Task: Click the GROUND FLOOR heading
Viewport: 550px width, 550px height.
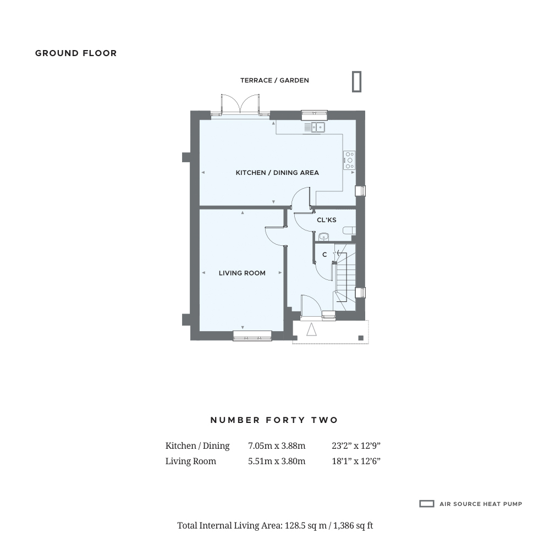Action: [x=76, y=53]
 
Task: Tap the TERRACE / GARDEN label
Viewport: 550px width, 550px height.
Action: [x=274, y=80]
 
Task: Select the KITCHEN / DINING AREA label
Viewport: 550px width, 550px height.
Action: [x=277, y=173]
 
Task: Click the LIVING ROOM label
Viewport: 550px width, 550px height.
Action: [x=242, y=273]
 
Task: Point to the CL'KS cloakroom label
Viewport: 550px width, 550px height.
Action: [x=327, y=220]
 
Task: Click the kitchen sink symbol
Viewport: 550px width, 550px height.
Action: [x=315, y=127]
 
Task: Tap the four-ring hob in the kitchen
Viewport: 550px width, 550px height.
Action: [x=349, y=160]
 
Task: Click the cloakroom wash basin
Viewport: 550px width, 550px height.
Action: [x=323, y=237]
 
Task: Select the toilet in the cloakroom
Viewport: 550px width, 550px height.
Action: [x=349, y=230]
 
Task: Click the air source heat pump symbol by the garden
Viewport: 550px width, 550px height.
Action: [x=357, y=82]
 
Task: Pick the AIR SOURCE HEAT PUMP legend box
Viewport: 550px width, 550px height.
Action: [x=427, y=504]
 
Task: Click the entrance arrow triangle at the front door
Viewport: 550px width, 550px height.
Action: [x=311, y=329]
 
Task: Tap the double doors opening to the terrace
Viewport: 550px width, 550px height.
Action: [x=240, y=104]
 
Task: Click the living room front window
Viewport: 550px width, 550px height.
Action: [x=252, y=335]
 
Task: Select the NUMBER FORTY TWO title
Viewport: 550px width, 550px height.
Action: [x=274, y=420]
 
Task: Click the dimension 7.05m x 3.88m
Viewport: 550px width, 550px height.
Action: [x=277, y=446]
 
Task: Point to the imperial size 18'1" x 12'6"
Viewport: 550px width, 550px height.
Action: [x=356, y=461]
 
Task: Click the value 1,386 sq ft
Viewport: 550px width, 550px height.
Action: [x=353, y=526]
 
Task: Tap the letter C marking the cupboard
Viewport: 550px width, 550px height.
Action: [x=324, y=255]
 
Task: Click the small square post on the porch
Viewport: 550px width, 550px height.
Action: [x=361, y=338]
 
